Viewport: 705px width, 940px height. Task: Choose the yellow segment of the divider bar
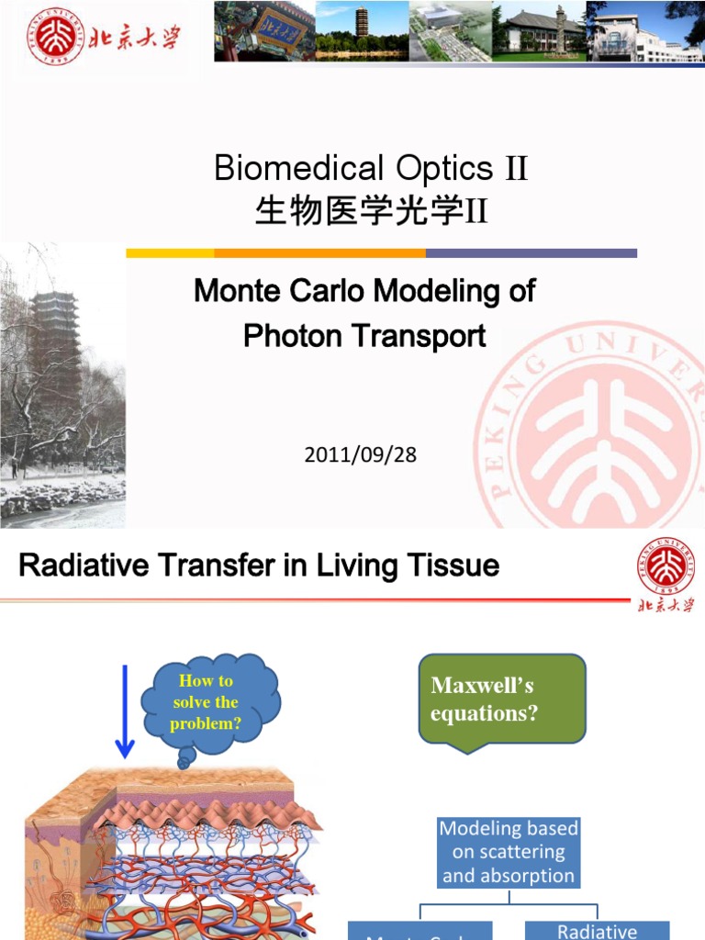170,252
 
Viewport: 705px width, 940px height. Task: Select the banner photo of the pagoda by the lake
361,31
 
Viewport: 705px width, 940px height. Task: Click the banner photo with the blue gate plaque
263,31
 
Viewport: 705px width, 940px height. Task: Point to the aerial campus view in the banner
451,31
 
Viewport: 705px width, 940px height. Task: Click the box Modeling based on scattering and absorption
509,852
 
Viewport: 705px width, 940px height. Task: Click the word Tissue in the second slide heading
455,565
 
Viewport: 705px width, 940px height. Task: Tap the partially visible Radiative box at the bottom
597,929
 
